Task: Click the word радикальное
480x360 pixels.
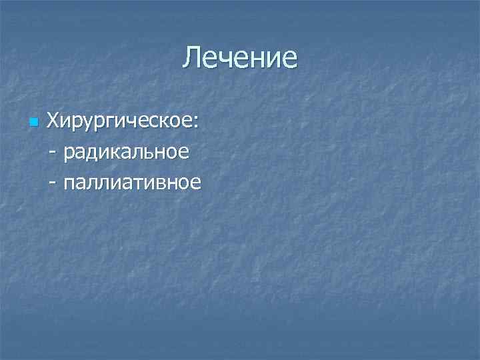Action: click(127, 153)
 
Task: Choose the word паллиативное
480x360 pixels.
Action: click(132, 182)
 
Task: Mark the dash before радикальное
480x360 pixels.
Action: click(53, 153)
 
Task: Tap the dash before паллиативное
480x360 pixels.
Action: click(53, 183)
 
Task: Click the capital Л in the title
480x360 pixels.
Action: click(192, 58)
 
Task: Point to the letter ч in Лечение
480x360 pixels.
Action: click(229, 59)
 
